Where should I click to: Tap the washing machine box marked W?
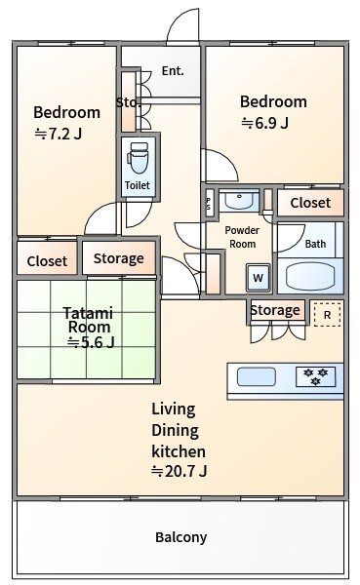258,278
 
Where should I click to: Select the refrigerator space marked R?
327,315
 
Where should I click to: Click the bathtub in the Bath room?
309,276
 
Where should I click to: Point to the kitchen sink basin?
257,376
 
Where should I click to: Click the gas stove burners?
315,376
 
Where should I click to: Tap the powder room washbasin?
239,201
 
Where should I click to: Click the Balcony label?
180,537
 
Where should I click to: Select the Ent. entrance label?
173,70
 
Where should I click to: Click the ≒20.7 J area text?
179,471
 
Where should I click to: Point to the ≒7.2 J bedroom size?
59,134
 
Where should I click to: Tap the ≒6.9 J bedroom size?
264,123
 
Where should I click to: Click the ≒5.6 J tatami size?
91,342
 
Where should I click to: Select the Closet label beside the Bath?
310,203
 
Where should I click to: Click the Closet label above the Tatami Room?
47,261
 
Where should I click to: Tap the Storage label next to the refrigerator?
275,310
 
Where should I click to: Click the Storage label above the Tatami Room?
119,258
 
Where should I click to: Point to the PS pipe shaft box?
209,204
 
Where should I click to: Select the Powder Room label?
242,237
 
